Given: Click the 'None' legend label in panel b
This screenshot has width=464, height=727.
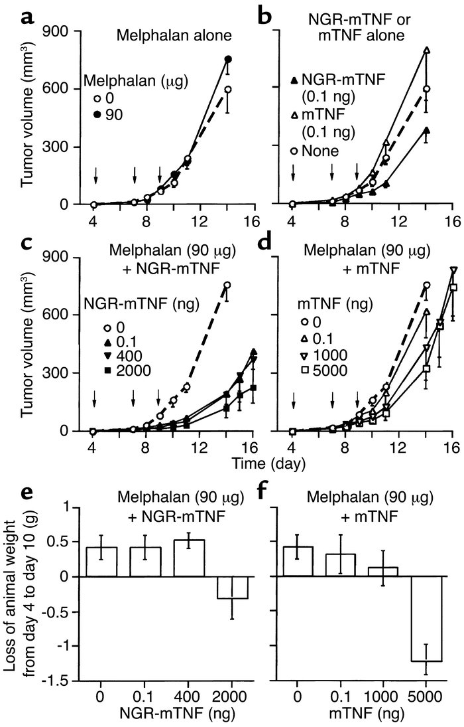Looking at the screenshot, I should pyautogui.click(x=325, y=151).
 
